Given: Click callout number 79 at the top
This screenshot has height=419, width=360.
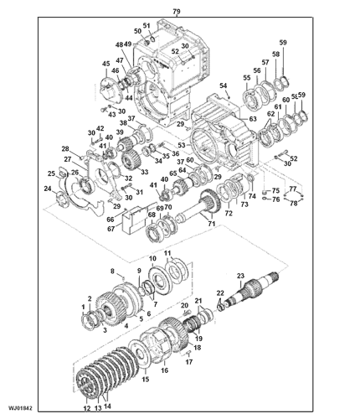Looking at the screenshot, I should point(176,12).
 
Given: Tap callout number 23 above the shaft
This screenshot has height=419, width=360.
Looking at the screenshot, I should point(240,276).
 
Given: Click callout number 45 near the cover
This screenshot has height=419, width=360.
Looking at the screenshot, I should point(105,65).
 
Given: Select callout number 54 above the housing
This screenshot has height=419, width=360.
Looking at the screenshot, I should point(224,85).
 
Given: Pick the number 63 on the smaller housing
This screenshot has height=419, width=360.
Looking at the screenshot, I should point(251,120).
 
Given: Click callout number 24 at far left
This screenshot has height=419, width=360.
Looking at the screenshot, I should point(47,189).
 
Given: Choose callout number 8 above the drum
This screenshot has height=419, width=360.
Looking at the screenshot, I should point(111,270).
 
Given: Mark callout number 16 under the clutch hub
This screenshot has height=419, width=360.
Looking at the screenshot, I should point(164,370).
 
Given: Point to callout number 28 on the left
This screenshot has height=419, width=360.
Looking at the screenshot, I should point(65,149).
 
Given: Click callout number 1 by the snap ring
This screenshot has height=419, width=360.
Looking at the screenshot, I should point(82,308).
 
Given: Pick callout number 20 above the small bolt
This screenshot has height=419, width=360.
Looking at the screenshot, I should point(184,307).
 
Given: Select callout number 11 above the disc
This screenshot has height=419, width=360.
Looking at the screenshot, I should point(167,253).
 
